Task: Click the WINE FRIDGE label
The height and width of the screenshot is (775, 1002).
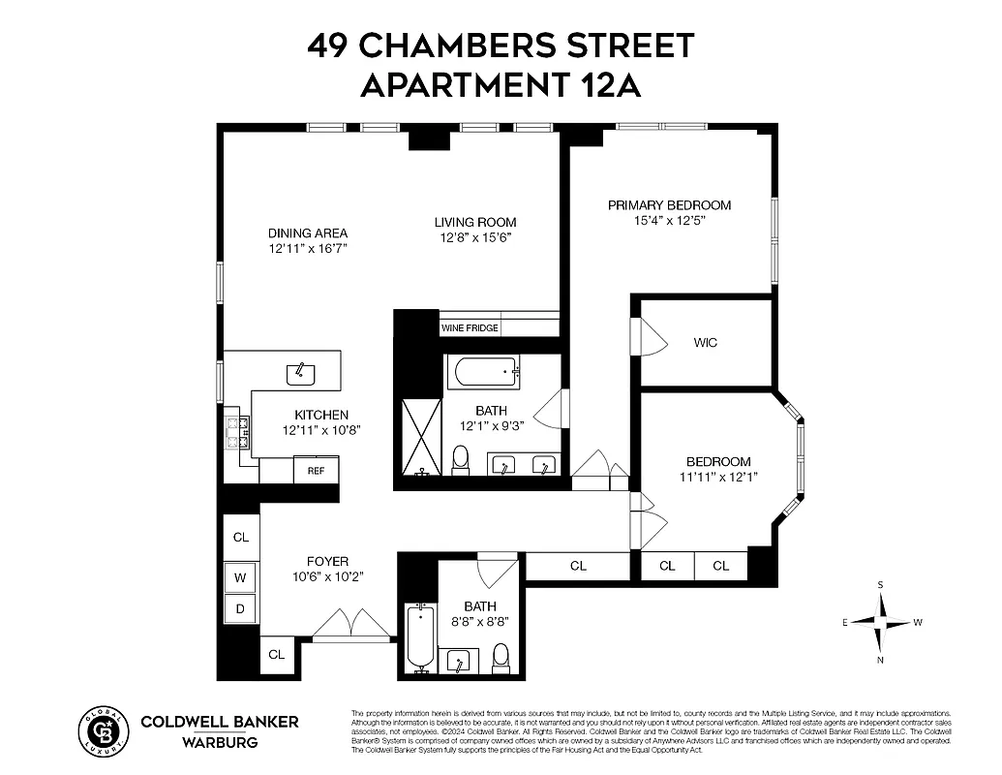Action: (471, 328)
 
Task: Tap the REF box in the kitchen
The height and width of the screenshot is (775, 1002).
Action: (316, 471)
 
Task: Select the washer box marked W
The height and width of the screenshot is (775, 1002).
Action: (241, 578)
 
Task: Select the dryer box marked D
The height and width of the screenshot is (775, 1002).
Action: (241, 609)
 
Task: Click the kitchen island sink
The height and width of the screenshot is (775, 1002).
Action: (300, 370)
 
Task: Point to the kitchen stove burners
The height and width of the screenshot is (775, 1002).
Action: (237, 432)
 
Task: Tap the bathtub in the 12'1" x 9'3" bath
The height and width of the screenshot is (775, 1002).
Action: (482, 372)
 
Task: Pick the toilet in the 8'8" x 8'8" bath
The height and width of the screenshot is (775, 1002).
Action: (501, 658)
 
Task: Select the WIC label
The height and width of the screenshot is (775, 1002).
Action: (706, 343)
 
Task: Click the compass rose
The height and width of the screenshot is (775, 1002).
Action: (880, 622)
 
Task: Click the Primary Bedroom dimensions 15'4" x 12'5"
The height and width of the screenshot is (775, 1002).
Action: (669, 221)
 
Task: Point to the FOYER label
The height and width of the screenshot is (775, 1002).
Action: (327, 562)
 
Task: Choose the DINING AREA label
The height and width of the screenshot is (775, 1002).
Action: (308, 233)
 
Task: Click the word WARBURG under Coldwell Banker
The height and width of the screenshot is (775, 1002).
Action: (221, 744)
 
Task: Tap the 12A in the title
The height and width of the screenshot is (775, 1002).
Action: (610, 85)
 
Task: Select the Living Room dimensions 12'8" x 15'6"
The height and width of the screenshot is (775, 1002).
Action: (474, 237)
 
